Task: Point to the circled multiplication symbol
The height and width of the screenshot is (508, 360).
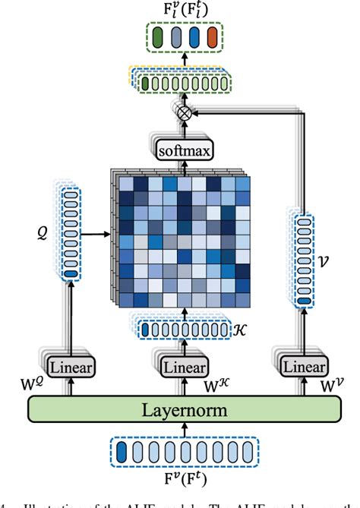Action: tap(182, 113)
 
